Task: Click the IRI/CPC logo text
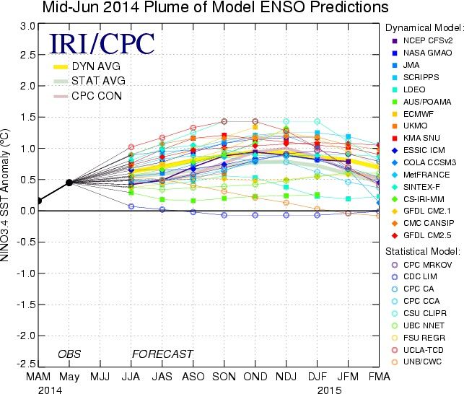tap(102, 43)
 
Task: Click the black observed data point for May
tap(69, 183)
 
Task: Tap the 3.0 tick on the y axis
tap(27, 26)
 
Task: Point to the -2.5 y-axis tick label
tap(25, 364)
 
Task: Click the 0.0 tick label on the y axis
tap(27, 211)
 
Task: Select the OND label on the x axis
tap(255, 377)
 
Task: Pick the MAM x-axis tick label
tap(38, 377)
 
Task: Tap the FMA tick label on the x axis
tap(379, 377)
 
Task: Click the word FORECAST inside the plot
tap(162, 354)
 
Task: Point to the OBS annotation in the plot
tap(69, 354)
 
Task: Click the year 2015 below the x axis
tap(329, 390)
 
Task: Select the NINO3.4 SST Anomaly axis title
tap(4, 195)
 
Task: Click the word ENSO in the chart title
tap(281, 7)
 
